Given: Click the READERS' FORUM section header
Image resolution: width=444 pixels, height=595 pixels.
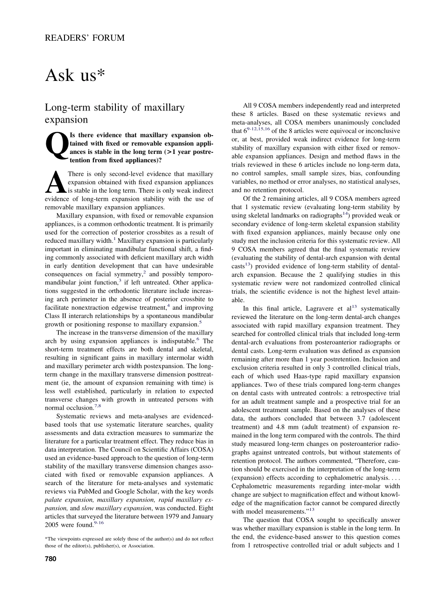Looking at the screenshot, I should (85, 38).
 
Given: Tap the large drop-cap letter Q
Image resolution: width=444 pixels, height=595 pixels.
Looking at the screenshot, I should (56, 149).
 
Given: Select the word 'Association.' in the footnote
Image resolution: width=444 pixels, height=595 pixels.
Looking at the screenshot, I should (141, 545).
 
